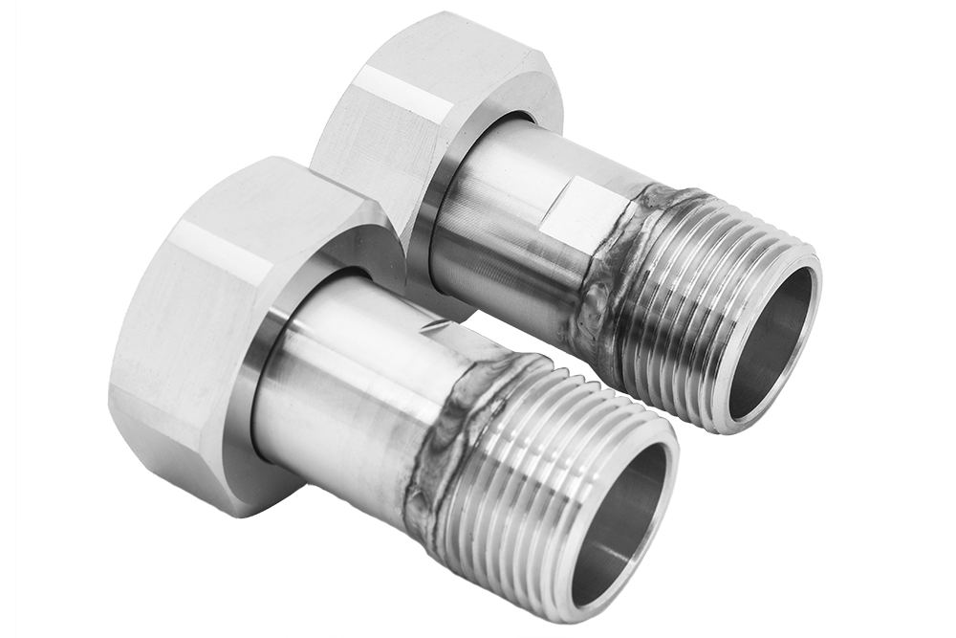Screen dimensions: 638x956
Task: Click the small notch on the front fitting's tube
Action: point(436,328)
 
